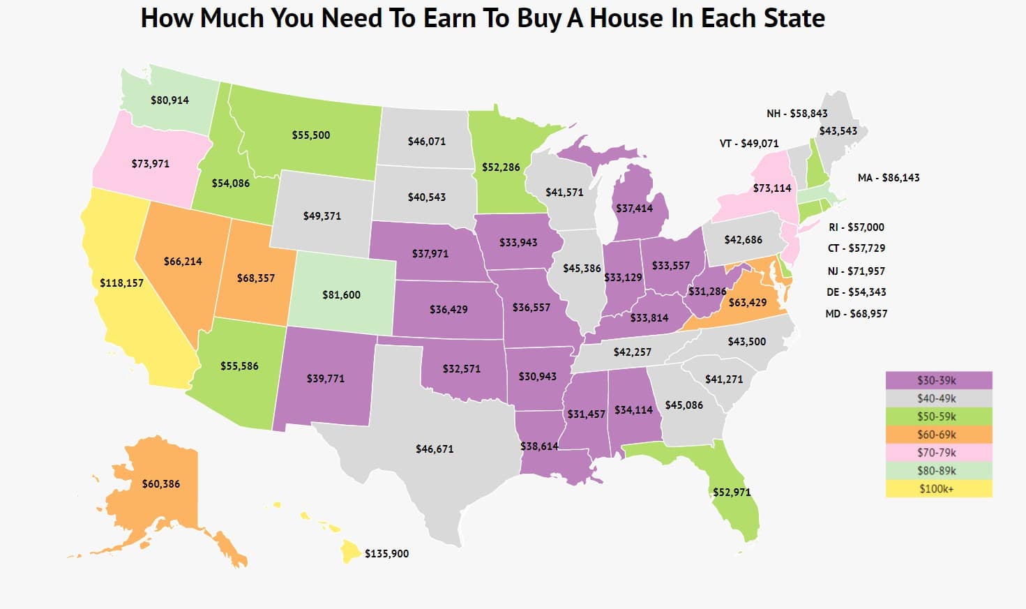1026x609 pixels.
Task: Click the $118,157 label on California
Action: tap(121, 283)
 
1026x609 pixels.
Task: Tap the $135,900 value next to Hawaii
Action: tap(386, 554)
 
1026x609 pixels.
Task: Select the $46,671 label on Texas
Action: tap(435, 449)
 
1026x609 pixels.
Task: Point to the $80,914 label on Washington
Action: tap(169, 100)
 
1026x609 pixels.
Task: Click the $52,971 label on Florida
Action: tap(732, 493)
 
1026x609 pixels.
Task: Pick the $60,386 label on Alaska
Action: tap(160, 484)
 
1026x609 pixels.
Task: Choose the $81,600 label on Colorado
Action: tap(341, 295)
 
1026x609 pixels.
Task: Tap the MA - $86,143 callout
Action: tap(888, 178)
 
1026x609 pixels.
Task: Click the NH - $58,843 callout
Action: tap(797, 114)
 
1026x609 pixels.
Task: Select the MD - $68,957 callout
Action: tap(856, 314)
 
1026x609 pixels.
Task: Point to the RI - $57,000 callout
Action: tap(856, 227)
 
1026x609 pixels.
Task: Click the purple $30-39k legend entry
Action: tap(938, 380)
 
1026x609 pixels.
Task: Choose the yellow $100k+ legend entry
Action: tap(938, 488)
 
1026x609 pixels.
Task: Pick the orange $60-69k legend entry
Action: tap(938, 435)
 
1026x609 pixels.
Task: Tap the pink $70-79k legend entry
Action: tap(938, 453)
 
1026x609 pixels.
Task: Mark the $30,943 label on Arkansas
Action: tap(537, 377)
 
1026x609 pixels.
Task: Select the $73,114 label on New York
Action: tap(771, 188)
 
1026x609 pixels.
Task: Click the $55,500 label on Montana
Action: tap(311, 135)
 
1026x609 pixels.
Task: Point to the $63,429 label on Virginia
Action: tap(747, 303)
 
